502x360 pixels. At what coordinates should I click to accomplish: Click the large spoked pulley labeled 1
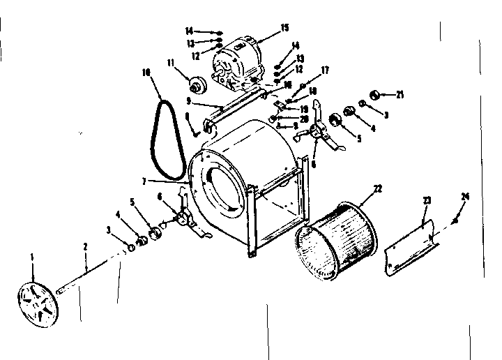point(37,301)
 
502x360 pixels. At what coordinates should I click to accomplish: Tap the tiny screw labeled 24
point(454,221)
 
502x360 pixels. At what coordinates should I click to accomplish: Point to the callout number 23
point(427,200)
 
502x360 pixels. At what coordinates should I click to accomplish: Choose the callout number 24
point(466,196)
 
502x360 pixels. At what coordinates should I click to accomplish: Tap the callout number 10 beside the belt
point(146,72)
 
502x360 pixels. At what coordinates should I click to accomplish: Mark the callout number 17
point(324,70)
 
